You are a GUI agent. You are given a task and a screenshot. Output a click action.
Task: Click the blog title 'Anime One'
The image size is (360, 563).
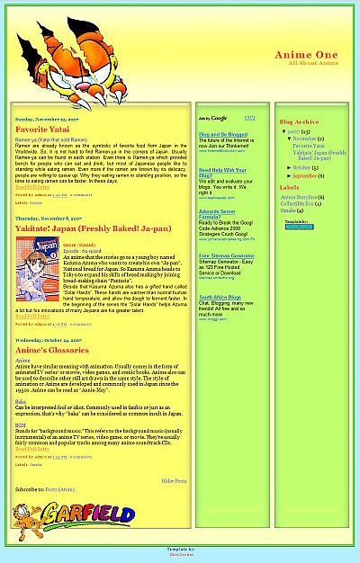306,55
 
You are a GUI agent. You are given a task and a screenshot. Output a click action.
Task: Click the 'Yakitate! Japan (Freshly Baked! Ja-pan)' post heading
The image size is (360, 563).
93,228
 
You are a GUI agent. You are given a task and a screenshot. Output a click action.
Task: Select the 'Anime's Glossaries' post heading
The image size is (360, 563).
55,350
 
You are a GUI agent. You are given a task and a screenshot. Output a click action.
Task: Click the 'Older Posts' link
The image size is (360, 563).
174,481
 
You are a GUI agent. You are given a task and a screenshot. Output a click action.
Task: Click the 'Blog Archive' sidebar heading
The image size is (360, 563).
299,121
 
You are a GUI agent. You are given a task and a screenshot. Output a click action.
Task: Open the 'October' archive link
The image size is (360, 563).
302,167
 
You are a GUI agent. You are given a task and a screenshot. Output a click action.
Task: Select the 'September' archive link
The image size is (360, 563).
306,175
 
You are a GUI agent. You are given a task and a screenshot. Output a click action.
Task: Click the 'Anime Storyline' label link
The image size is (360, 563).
299,197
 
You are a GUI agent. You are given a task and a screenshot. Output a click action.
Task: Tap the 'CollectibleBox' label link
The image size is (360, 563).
299,203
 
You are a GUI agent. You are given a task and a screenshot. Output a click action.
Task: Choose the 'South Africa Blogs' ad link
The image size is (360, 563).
220,297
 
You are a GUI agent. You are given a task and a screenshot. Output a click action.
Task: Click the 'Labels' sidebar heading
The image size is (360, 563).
289,188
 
